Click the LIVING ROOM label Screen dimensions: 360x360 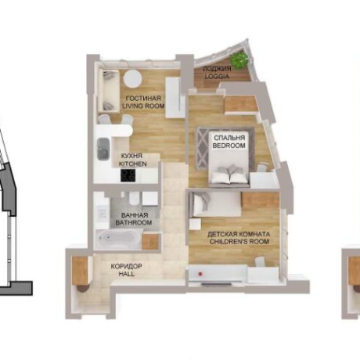click(143, 106)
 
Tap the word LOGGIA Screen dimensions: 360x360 click(217, 77)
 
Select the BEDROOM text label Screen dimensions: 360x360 click(229, 146)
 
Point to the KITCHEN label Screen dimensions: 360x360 click(133, 164)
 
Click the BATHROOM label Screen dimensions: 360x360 click(134, 222)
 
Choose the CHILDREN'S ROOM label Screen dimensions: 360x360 click(239, 241)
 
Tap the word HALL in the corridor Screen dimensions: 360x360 click(127, 274)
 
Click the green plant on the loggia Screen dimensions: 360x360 click(239, 60)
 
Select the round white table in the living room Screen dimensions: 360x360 click(133, 78)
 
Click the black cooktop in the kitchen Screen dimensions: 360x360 click(128, 175)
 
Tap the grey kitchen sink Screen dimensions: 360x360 click(103, 149)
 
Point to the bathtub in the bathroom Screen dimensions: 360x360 click(118, 238)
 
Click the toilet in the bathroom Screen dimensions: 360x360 click(135, 199)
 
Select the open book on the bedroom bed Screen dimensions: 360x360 click(229, 177)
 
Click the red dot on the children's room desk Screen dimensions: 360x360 click(200, 274)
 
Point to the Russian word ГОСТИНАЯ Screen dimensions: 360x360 click(143, 99)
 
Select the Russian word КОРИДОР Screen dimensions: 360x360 click(127, 266)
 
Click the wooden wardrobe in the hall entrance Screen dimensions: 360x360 click(80, 272)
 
